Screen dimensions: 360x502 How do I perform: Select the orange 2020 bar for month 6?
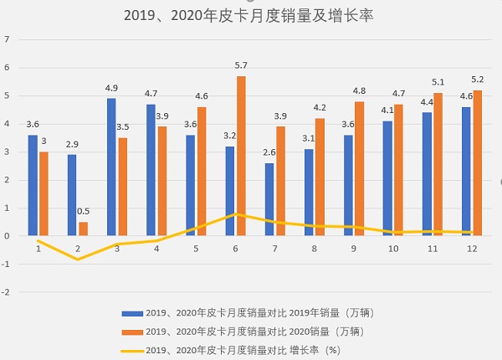tap(241, 156)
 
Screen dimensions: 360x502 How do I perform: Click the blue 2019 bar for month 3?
tap(111, 167)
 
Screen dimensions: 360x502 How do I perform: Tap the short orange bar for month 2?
tap(84, 229)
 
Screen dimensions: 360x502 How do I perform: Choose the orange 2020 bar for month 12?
tap(478, 162)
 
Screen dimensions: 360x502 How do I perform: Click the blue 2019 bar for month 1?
tap(33, 185)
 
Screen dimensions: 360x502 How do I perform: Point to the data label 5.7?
tap(241, 65)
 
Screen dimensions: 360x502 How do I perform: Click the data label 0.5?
tap(84, 212)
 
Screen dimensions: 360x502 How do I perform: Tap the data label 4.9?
tap(111, 88)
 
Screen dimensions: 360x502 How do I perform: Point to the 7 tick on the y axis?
tap(8, 39)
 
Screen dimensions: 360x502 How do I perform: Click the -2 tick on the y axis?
tap(7, 292)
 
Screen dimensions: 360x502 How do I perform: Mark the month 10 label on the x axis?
tap(393, 248)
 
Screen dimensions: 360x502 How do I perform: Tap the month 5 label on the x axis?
tap(196, 248)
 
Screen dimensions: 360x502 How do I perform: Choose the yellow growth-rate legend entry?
tap(243, 350)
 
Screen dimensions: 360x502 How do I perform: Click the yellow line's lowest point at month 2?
tap(79, 260)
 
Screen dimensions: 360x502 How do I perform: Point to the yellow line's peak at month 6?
tap(235, 213)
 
